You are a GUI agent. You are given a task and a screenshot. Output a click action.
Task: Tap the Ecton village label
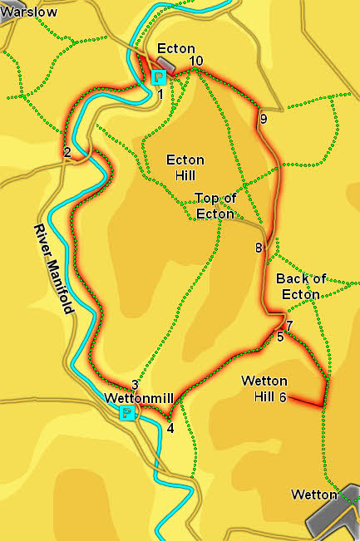click(175, 49)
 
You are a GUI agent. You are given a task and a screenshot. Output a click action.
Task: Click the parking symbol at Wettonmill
click(126, 413)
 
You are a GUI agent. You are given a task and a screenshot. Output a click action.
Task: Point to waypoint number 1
click(160, 94)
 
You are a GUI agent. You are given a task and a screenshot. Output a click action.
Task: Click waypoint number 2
click(67, 151)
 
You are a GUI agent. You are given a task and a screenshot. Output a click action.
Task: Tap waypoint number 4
click(170, 429)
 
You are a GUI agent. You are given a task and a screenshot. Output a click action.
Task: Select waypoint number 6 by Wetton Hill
click(283, 397)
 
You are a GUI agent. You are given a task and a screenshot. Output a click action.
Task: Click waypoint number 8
click(259, 248)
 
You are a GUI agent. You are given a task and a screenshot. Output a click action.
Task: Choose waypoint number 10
click(196, 61)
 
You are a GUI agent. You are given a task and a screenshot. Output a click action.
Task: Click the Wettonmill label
click(139, 398)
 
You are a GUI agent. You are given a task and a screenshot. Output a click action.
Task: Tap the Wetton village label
click(314, 494)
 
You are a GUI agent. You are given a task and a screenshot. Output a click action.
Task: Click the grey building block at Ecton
click(164, 64)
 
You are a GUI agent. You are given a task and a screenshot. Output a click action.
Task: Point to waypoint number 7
click(289, 324)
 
